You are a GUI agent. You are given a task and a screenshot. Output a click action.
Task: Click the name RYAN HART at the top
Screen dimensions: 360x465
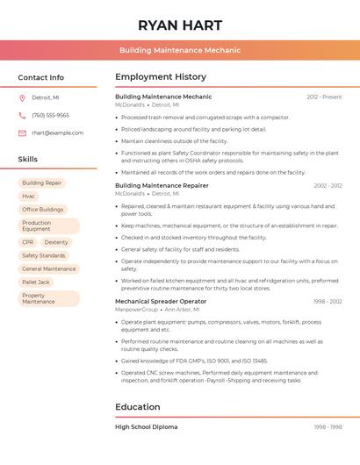click(x=179, y=25)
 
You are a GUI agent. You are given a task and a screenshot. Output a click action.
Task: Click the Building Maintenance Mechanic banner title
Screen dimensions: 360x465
click(x=179, y=50)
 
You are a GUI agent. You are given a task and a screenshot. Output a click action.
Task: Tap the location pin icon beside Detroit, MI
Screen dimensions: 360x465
click(x=22, y=97)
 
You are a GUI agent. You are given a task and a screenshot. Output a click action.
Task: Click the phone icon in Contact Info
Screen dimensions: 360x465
click(x=22, y=115)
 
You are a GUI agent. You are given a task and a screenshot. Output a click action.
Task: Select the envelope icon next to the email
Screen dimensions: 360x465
click(x=22, y=133)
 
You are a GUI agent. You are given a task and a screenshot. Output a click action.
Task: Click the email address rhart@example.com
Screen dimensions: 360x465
click(x=57, y=133)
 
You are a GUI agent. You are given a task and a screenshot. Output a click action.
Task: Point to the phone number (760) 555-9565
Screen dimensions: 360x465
click(x=50, y=115)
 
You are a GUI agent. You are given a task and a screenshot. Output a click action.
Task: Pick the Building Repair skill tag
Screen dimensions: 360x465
click(x=42, y=182)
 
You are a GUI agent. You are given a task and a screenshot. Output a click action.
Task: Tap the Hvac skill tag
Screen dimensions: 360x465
click(x=29, y=197)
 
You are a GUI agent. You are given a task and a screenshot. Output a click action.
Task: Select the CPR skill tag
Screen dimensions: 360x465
click(x=28, y=242)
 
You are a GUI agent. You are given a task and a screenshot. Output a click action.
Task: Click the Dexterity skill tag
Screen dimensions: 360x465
click(x=56, y=242)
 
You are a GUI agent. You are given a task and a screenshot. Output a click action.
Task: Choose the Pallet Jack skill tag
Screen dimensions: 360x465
click(x=36, y=282)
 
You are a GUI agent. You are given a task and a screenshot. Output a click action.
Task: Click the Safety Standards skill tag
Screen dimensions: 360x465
click(x=44, y=255)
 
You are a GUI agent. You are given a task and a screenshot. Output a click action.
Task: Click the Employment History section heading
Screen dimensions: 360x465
click(x=161, y=77)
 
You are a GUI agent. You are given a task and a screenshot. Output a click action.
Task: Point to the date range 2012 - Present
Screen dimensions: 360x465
click(x=324, y=97)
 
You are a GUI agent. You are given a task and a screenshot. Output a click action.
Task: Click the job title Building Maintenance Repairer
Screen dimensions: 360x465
click(x=162, y=185)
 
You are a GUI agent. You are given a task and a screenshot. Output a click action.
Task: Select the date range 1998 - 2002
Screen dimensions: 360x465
click(x=328, y=301)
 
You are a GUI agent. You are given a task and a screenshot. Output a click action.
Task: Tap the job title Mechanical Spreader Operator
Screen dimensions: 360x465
click(x=161, y=301)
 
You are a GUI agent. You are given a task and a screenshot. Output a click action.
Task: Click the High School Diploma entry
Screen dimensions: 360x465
click(x=146, y=426)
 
